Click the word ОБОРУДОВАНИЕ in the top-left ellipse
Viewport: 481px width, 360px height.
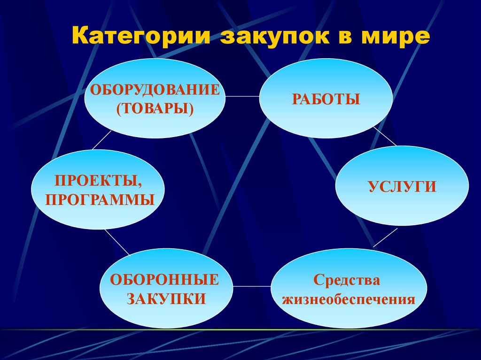pyautogui.click(x=155, y=90)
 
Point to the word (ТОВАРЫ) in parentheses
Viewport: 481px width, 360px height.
pyautogui.click(x=155, y=108)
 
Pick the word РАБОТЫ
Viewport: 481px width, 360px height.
pyautogui.click(x=326, y=99)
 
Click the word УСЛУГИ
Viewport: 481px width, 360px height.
pyautogui.click(x=402, y=187)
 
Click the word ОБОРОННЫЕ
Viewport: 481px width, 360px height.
pyautogui.click(x=165, y=280)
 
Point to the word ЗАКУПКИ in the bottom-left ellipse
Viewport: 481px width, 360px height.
pyautogui.click(x=166, y=299)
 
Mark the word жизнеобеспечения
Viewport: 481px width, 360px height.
pyautogui.click(x=349, y=299)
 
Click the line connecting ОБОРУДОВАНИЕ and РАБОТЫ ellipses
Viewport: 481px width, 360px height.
pyautogui.click(x=242, y=96)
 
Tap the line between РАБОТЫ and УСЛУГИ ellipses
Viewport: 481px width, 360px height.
pyautogui.click(x=385, y=136)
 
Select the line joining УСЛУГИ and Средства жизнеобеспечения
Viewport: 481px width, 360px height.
pyautogui.click(x=385, y=237)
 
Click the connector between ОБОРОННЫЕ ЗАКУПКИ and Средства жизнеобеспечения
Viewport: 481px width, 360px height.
pyautogui.click(x=252, y=285)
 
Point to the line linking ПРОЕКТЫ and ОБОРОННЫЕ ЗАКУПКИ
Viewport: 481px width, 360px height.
pyautogui.click(x=116, y=242)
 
